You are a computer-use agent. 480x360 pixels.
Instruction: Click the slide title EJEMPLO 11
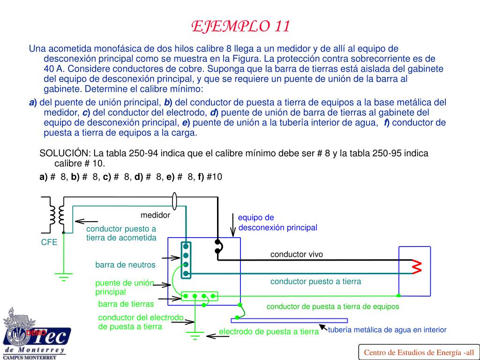240,26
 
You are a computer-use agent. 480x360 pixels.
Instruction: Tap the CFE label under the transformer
49,242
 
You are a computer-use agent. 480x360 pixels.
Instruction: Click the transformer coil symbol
55,215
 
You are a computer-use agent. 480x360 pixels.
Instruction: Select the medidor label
155,216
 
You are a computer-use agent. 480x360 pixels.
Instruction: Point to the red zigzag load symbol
416,267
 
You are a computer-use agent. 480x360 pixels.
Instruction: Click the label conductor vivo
296,255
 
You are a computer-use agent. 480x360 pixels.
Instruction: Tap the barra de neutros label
125,265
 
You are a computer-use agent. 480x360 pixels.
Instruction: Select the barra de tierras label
126,304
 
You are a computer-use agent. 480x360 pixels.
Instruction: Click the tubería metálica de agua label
387,330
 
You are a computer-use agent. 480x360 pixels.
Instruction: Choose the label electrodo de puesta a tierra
269,332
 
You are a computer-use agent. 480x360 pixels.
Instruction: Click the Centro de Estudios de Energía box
419,352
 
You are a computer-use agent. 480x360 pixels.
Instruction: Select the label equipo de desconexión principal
277,223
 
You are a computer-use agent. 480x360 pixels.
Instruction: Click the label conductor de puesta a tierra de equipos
333,307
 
